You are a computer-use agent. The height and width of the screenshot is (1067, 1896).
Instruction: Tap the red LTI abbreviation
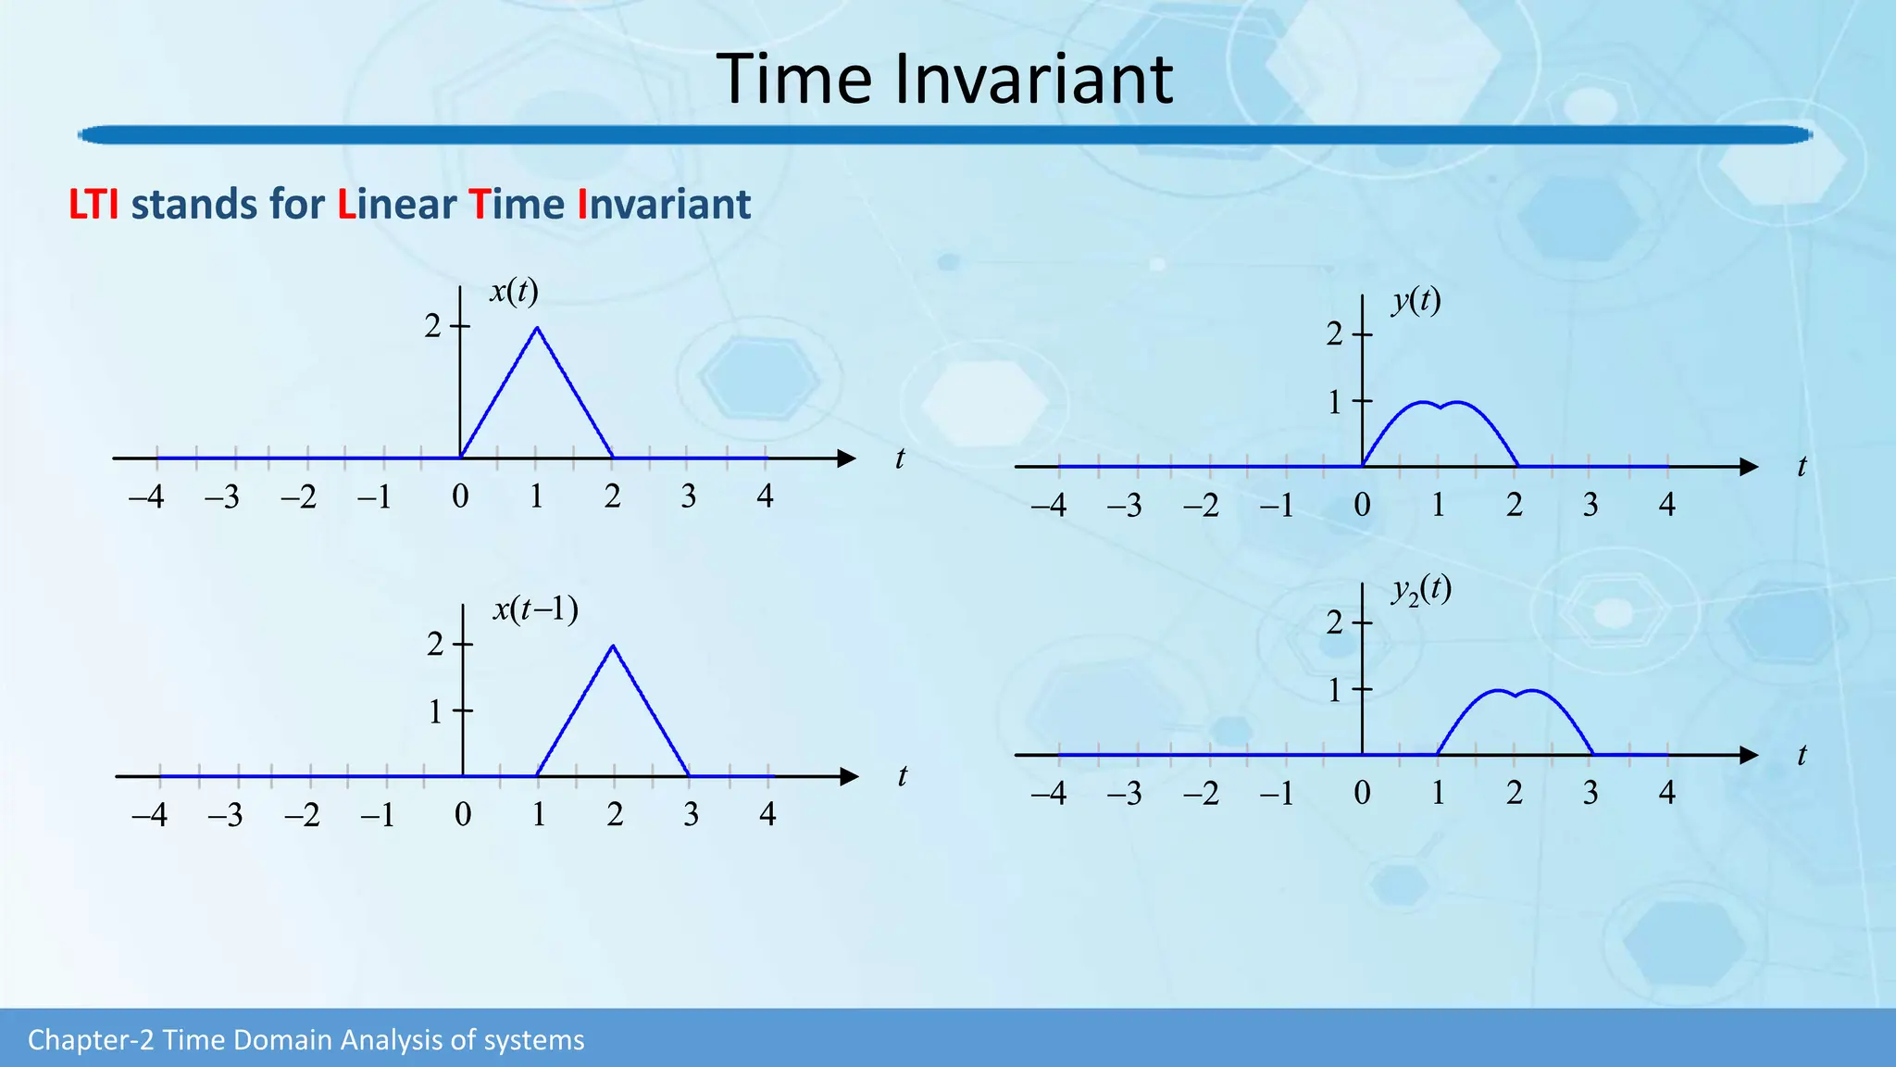click(94, 205)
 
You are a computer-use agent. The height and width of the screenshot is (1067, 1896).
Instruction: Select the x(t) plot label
click(514, 292)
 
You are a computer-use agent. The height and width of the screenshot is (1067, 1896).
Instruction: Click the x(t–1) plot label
click(535, 609)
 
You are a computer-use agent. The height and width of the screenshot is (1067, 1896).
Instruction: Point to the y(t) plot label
click(1416, 300)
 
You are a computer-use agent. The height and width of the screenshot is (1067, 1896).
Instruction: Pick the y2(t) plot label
click(1420, 590)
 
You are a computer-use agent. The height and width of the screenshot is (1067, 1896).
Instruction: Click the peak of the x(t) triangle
click(537, 328)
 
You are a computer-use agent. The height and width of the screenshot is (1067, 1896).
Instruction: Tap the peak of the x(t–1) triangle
click(613, 646)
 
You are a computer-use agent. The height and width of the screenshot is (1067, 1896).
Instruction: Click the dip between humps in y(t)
click(1441, 408)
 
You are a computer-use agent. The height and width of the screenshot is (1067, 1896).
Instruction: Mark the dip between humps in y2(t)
click(1516, 696)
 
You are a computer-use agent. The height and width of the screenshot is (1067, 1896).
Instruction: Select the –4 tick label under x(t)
click(146, 497)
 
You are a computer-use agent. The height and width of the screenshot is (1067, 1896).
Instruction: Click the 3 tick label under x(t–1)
click(691, 815)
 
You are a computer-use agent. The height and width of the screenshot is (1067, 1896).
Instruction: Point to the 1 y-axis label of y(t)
click(1334, 402)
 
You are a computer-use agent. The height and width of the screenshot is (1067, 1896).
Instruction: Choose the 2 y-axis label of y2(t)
click(1334, 622)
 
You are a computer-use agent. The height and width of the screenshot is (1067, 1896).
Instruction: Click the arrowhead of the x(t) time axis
click(845, 458)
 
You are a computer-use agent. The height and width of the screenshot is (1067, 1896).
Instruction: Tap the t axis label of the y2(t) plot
click(1802, 756)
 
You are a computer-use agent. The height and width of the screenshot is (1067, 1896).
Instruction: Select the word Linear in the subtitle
click(398, 205)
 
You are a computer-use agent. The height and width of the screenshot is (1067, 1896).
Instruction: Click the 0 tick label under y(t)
click(1362, 506)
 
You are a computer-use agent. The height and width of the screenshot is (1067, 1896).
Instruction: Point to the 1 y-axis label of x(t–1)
click(435, 712)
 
